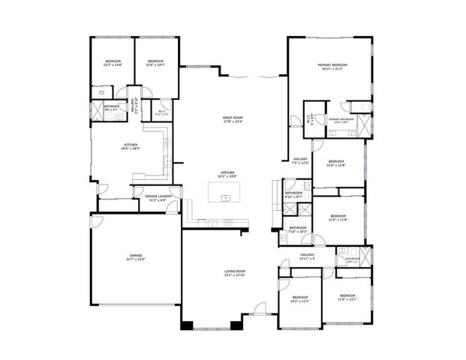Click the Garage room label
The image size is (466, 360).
[x=136, y=257]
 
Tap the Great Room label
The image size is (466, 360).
[x=233, y=119]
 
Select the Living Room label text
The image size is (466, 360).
[x=235, y=273]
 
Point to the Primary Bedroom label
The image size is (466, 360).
[x=330, y=67]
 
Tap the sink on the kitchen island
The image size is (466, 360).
[x=224, y=199]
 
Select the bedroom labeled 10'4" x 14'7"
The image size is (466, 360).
[x=155, y=63]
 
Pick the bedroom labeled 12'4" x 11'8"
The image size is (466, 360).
[x=335, y=163]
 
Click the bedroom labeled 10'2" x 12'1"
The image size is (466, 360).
[x=299, y=298]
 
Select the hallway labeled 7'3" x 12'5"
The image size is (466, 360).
[x=300, y=160]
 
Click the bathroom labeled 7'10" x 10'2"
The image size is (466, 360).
[x=298, y=229]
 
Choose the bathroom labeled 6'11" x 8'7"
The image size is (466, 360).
[x=293, y=194]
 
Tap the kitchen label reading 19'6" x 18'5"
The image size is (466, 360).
[x=131, y=147]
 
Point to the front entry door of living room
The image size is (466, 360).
[x=259, y=307]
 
